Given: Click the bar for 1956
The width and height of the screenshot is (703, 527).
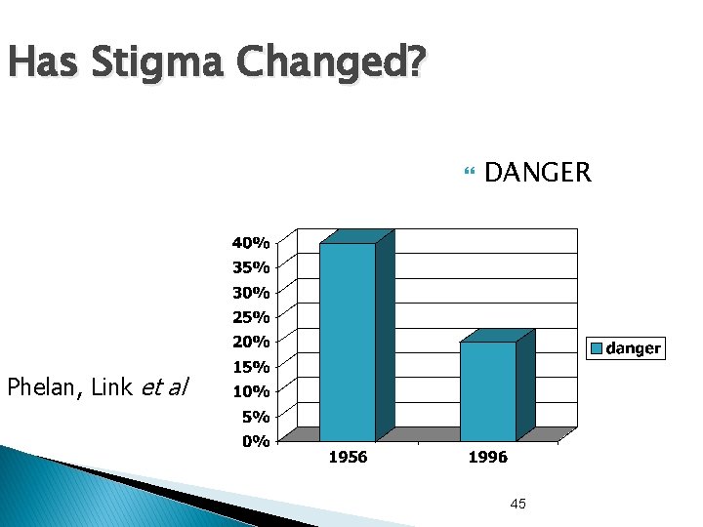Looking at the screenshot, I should point(348,342).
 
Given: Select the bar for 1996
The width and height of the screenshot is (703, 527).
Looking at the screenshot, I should point(487,390).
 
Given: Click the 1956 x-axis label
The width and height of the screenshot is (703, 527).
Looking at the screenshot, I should point(348,457).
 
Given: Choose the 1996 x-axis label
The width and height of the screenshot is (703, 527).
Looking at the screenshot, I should point(486,457).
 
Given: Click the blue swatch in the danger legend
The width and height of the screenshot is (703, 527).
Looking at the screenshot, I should point(597,348).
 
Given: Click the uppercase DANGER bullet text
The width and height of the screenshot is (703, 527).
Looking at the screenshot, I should point(537,174).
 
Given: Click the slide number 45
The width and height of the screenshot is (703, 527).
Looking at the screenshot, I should point(517,504).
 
